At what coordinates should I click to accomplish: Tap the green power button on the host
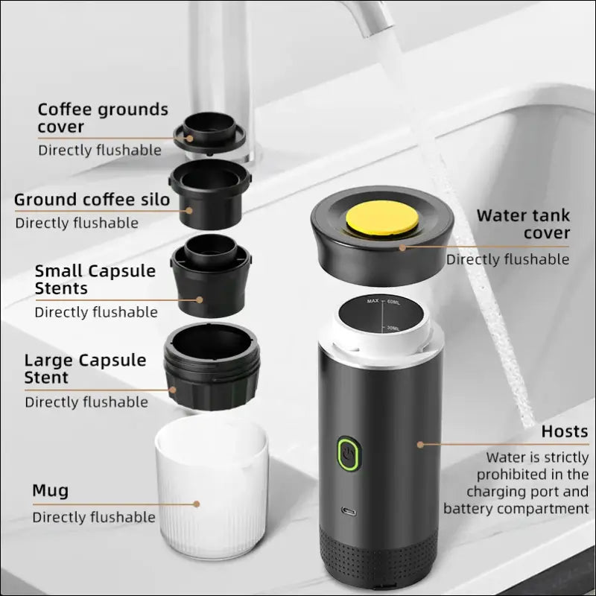(348, 452)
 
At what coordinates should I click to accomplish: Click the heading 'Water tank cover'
(523, 224)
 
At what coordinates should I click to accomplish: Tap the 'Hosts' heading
(564, 431)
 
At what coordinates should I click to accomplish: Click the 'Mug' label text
(50, 490)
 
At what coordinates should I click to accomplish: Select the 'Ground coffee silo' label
(92, 200)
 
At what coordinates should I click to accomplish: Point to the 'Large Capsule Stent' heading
(85, 369)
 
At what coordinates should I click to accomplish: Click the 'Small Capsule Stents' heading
(95, 279)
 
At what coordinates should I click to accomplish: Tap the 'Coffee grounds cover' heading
(103, 118)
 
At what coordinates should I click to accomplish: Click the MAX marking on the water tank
(372, 301)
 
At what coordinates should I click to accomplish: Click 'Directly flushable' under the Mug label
(94, 517)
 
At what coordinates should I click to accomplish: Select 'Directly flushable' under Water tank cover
(507, 259)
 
